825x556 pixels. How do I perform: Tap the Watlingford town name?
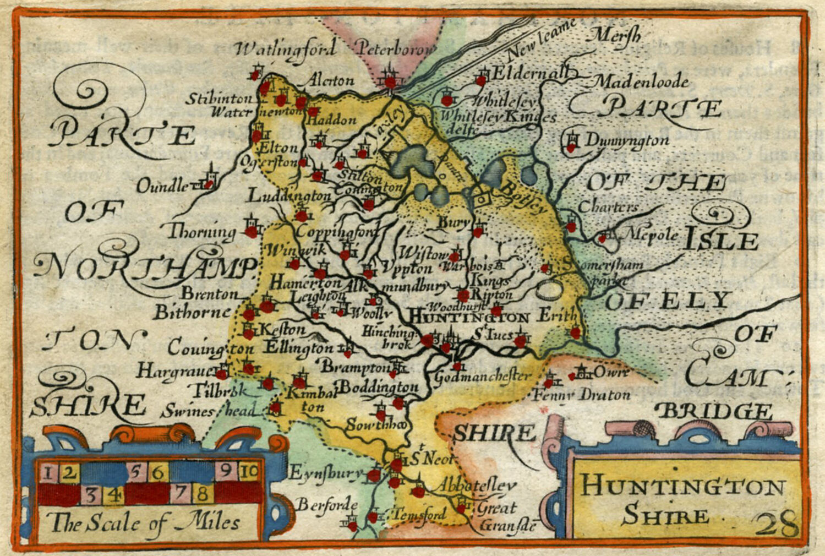click(285, 50)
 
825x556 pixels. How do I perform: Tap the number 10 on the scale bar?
click(249, 472)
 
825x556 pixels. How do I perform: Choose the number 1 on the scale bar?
click(48, 472)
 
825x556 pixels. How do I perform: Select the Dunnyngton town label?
click(626, 140)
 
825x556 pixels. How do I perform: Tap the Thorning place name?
click(201, 232)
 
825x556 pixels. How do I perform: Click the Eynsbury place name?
click(325, 473)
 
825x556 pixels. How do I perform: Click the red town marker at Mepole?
click(602, 238)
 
